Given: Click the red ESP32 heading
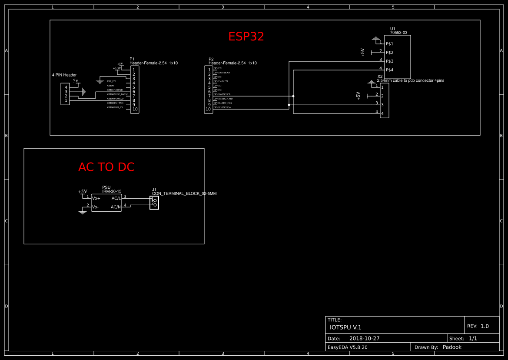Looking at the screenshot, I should pyautogui.click(x=246, y=37).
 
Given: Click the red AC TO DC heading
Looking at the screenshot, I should pyautogui.click(x=106, y=167).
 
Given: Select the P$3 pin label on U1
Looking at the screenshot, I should pyautogui.click(x=389, y=61).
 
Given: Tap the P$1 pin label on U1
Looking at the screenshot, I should pyautogui.click(x=389, y=44).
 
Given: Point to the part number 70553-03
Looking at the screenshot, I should pyautogui.click(x=398, y=33).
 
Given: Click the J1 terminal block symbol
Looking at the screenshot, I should pyautogui.click(x=154, y=203).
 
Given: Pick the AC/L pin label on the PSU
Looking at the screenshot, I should pyautogui.click(x=116, y=198).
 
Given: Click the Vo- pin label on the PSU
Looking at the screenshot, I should pyautogui.click(x=96, y=207).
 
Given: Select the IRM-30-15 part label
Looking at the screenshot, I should pyautogui.click(x=112, y=191).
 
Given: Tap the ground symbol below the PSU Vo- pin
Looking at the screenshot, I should pyautogui.click(x=83, y=212).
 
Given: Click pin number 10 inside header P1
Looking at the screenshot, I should pyautogui.click(x=135, y=109).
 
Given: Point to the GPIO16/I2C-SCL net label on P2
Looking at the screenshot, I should pyautogui.click(x=222, y=94).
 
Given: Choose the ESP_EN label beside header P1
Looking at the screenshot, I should pyautogui.click(x=111, y=81).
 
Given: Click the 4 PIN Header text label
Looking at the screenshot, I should pyautogui.click(x=64, y=75).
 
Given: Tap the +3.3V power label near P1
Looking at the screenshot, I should pyautogui.click(x=117, y=68).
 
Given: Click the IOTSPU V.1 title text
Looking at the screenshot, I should pyautogui.click(x=345, y=327).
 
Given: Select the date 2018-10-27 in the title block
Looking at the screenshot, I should pyautogui.click(x=364, y=338).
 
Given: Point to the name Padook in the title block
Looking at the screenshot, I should pyautogui.click(x=452, y=347).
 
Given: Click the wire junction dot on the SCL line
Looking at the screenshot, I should pyautogui.click(x=293, y=96).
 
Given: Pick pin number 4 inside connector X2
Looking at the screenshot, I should pyautogui.click(x=382, y=113).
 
